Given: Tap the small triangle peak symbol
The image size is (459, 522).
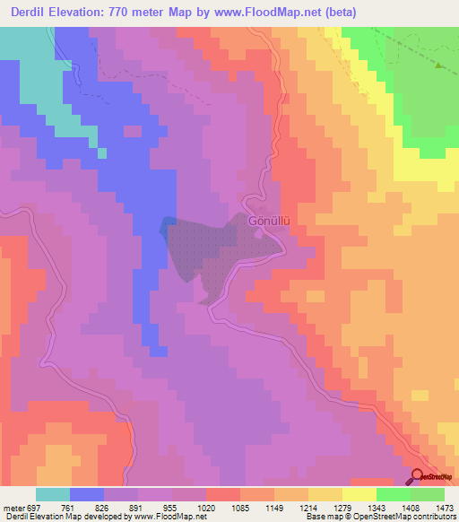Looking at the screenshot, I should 437,65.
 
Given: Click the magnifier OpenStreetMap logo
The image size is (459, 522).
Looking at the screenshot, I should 417,477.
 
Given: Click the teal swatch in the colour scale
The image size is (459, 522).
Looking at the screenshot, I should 53,494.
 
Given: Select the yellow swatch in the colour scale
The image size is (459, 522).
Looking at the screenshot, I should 359,494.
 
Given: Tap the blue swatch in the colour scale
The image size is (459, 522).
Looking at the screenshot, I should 87,494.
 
